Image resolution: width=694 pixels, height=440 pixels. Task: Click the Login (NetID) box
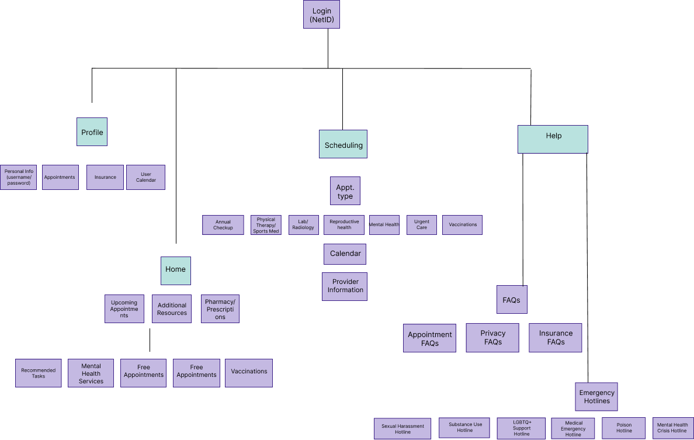click(321, 15)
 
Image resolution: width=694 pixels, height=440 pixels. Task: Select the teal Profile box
click(92, 132)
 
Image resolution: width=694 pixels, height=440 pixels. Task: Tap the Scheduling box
click(343, 144)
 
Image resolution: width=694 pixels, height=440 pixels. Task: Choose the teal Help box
click(553, 139)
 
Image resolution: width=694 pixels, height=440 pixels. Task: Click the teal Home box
click(175, 271)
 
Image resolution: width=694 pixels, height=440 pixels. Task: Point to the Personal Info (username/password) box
click(18, 177)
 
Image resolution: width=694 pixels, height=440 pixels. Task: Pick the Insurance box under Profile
click(105, 177)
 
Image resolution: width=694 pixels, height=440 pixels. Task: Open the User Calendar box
click(145, 177)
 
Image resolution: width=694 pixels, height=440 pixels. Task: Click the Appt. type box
click(345, 191)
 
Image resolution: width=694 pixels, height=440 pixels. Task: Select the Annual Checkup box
click(223, 225)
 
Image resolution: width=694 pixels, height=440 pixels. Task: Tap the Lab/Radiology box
click(303, 225)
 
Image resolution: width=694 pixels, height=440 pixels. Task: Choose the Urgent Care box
click(421, 225)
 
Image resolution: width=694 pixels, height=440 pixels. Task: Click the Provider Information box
click(345, 286)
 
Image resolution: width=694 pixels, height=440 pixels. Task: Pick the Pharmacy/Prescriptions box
click(220, 309)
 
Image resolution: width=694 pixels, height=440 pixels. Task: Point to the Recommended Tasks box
click(38, 373)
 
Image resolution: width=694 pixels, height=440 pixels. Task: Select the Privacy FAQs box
click(492, 338)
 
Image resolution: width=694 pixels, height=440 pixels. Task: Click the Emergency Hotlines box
click(596, 397)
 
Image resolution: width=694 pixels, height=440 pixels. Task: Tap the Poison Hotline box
click(624, 428)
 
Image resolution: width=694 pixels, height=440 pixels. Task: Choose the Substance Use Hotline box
click(465, 428)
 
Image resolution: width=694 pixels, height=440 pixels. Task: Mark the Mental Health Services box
click(91, 373)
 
